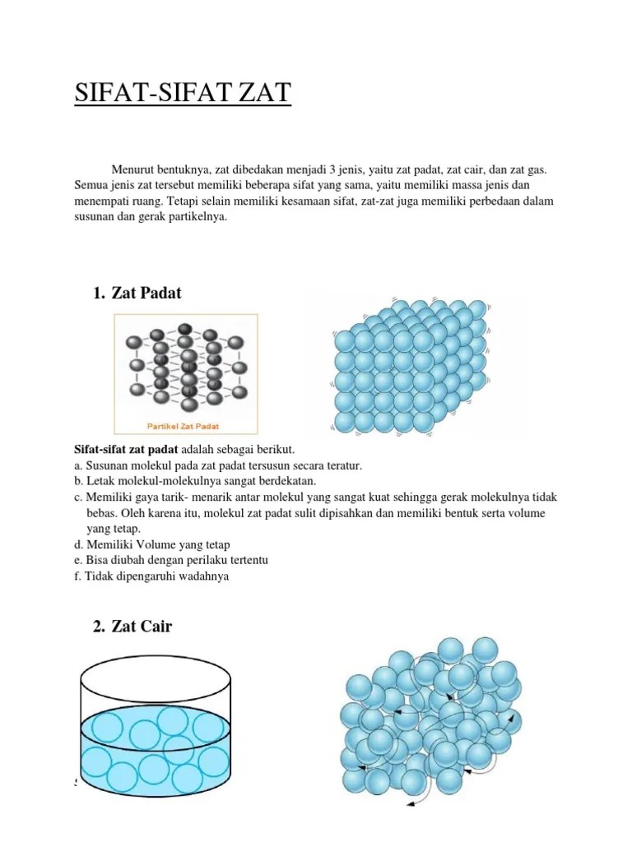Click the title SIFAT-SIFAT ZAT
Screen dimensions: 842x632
(183, 93)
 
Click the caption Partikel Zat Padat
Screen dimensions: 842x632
(185, 427)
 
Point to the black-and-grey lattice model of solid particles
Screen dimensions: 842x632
(185, 366)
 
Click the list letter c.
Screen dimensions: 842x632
(77, 497)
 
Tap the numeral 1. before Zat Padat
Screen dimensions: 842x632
(100, 294)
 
